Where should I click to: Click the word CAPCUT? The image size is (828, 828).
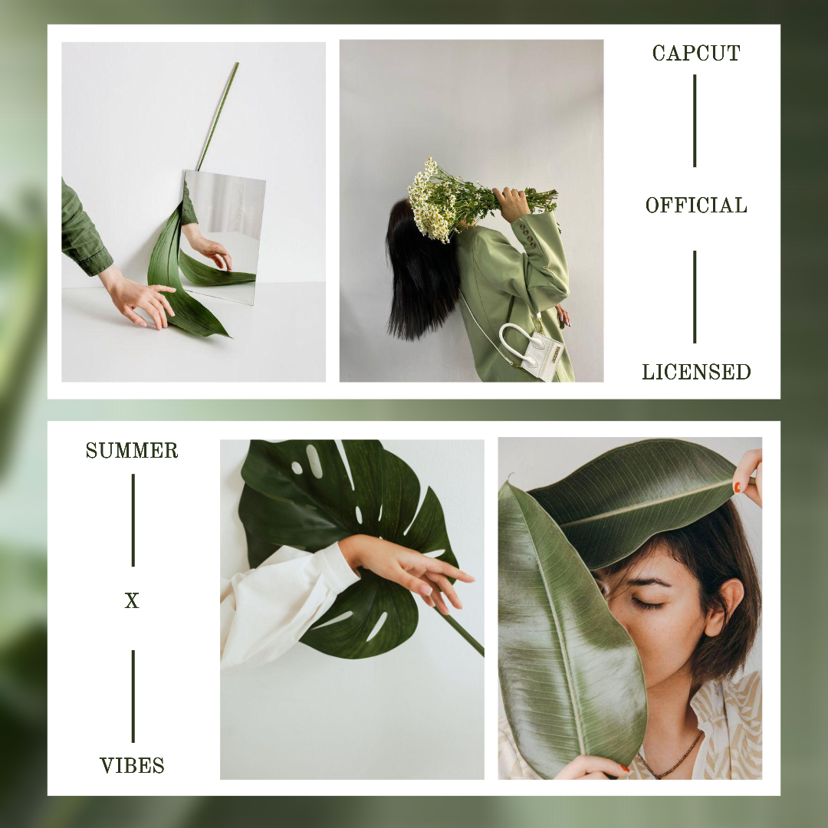(x=696, y=54)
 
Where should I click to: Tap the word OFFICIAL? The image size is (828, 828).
(x=696, y=205)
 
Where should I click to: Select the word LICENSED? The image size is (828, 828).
(x=696, y=373)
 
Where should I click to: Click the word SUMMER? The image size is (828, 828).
(x=132, y=451)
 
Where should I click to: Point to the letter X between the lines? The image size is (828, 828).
(x=132, y=602)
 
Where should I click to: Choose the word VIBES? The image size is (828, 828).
(x=132, y=765)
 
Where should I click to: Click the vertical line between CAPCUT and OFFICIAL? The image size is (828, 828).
(x=695, y=120)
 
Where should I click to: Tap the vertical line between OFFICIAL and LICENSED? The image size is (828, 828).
(x=695, y=297)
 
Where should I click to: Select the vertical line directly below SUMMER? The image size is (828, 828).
(x=133, y=520)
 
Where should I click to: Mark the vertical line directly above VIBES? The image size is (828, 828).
(x=133, y=696)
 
